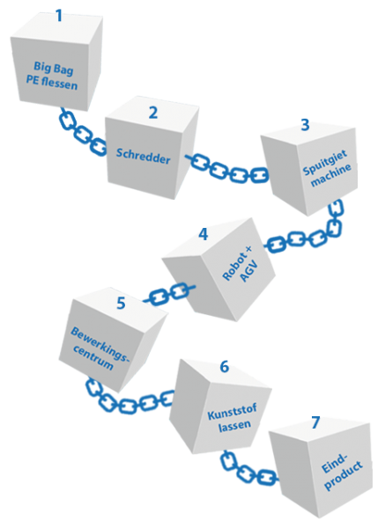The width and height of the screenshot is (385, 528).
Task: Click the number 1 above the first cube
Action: pyautogui.click(x=59, y=16)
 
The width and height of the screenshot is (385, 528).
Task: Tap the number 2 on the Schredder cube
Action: pyautogui.click(x=153, y=113)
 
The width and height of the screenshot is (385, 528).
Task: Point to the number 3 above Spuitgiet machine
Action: pyautogui.click(x=305, y=125)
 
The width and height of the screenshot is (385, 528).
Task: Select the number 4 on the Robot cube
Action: pyautogui.click(x=204, y=234)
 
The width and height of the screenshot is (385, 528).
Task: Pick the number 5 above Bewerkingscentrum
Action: pyautogui.click(x=121, y=303)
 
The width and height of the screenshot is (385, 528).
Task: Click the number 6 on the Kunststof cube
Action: pyautogui.click(x=224, y=366)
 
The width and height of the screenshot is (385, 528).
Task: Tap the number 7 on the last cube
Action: pyautogui.click(x=315, y=422)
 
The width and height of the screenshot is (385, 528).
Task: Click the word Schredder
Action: pyautogui.click(x=144, y=157)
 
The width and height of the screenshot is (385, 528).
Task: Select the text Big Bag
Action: pyautogui.click(x=53, y=69)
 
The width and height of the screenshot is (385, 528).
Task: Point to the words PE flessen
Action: pyautogui.click(x=52, y=83)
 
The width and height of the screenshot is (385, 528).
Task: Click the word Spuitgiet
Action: pyautogui.click(x=325, y=163)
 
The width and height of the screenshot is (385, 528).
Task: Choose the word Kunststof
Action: pyautogui.click(x=232, y=411)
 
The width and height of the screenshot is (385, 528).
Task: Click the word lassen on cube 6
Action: pyautogui.click(x=234, y=426)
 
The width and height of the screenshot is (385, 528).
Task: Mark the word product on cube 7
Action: pyautogui.click(x=344, y=475)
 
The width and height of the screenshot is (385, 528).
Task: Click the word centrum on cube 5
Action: pyautogui.click(x=93, y=357)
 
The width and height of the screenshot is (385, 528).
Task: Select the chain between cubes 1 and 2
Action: pyautogui.click(x=83, y=134)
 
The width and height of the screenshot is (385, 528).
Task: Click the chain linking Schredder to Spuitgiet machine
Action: pyautogui.click(x=228, y=169)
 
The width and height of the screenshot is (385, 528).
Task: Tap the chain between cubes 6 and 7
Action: pyautogui.click(x=248, y=470)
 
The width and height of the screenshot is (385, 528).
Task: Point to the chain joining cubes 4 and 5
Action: pyautogui.click(x=169, y=294)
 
